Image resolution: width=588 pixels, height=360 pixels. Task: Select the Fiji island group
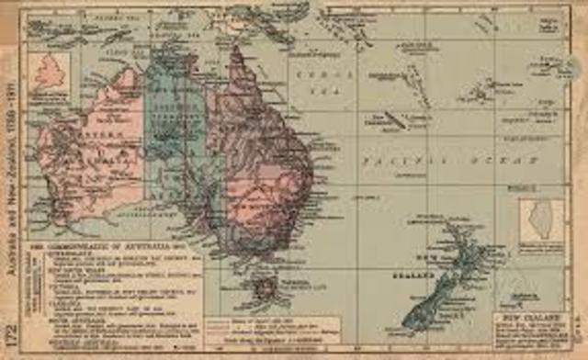[481, 91]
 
